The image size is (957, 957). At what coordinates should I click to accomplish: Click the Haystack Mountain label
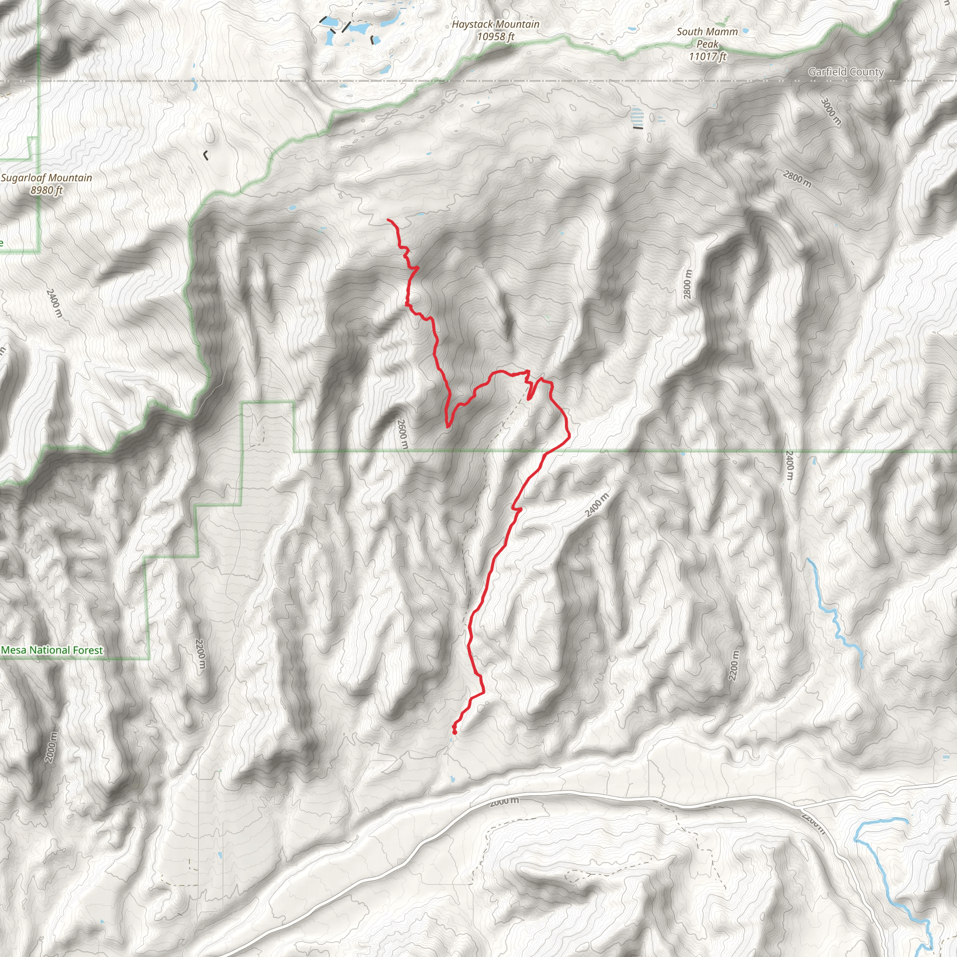tap(495, 24)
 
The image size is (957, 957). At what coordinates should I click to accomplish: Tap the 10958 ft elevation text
tap(495, 36)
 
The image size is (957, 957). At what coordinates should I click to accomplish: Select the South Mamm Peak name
tap(707, 38)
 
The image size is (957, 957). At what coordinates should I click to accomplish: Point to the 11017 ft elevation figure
tap(707, 57)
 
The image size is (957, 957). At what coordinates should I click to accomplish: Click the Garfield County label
tap(845, 72)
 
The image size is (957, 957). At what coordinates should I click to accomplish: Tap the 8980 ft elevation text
tap(47, 190)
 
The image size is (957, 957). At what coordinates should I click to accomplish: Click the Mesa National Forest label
tap(52, 650)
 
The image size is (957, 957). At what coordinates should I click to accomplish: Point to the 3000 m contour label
tap(831, 112)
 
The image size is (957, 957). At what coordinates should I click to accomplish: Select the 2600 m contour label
tap(403, 434)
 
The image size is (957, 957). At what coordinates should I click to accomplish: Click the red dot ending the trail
tap(454, 732)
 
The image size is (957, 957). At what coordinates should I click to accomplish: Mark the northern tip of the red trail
tap(388, 220)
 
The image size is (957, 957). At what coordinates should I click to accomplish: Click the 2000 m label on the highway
tap(504, 801)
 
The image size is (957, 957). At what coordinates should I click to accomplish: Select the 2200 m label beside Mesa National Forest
tap(200, 654)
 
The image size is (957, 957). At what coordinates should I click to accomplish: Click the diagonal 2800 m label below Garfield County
tap(797, 179)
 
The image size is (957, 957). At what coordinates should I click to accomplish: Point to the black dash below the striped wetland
tap(638, 128)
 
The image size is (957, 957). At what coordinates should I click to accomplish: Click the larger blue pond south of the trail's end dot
tap(452, 778)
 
